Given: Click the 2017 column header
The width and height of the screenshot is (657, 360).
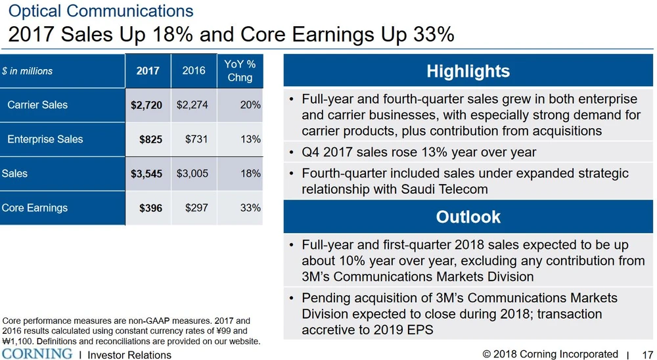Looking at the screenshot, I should point(148,71).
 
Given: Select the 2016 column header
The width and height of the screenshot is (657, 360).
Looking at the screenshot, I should point(194,70).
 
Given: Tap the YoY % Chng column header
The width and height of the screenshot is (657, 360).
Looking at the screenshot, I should point(240,71).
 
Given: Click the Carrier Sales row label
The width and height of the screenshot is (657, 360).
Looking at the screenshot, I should point(37,105).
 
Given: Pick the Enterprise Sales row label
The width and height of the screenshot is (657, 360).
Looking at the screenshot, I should point(45,139).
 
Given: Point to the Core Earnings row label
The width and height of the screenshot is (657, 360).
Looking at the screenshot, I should point(35,208).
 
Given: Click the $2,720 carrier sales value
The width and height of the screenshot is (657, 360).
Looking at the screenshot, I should point(147,105).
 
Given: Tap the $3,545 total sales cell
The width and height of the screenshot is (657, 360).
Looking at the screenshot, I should point(147,174).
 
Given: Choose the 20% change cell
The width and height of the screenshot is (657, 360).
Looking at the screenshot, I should point(250,105).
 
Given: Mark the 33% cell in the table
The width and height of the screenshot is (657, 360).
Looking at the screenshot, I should point(250,208).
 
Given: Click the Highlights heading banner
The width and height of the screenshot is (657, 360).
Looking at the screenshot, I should point(468,71).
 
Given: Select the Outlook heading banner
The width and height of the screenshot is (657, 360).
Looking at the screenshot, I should point(468,217).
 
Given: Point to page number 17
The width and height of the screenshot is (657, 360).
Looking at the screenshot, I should point(648,355).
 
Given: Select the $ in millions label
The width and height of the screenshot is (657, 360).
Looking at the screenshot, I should point(27,71).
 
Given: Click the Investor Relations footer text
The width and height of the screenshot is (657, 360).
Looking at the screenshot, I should point(129,355).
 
